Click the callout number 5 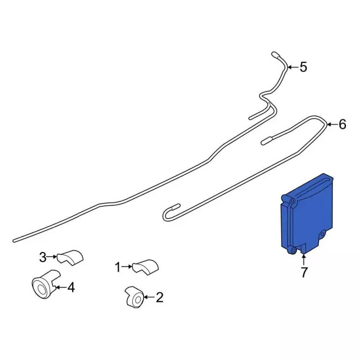[x=303, y=67]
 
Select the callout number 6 [x=343, y=125]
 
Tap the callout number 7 [x=304, y=272]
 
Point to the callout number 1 [x=118, y=268]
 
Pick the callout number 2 [x=159, y=298]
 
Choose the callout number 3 [x=43, y=257]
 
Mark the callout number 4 [x=71, y=287]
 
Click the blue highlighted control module [x=307, y=214]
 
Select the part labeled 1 [x=146, y=267]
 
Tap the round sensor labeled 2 [x=135, y=296]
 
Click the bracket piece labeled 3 [x=70, y=256]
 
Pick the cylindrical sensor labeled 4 [x=45, y=284]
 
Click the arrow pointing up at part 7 [x=304, y=259]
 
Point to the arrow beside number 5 [x=292, y=67]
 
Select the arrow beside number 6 [x=332, y=125]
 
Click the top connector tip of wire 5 [x=275, y=54]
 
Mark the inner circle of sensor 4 [x=42, y=290]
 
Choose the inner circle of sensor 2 [x=138, y=300]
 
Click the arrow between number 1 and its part [x=127, y=267]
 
